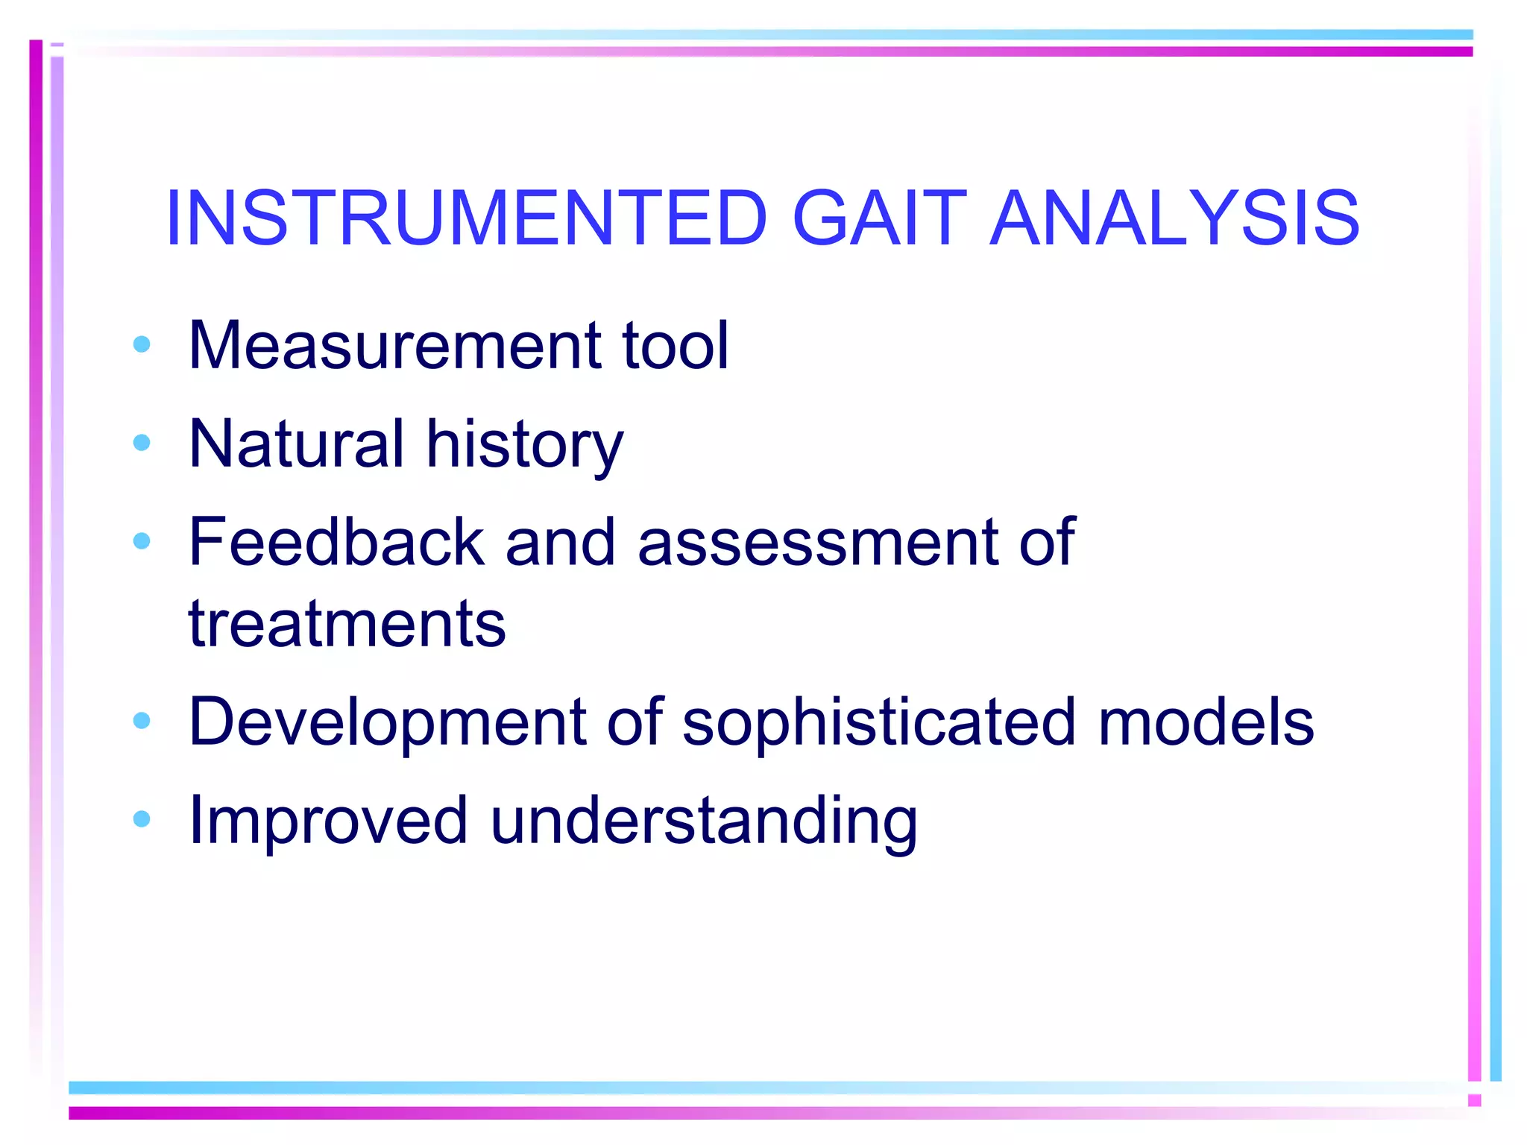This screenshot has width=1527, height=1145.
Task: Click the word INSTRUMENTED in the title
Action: coord(466,218)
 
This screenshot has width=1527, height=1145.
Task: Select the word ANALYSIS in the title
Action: coord(1174,218)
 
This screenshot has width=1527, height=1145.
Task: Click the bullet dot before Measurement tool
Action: coord(142,344)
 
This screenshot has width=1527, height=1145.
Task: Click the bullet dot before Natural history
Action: coord(142,443)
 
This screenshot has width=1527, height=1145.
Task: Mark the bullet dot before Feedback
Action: coord(142,540)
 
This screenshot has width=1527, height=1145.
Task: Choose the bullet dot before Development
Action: coord(142,720)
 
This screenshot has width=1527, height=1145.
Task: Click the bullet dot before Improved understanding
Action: coord(142,819)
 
